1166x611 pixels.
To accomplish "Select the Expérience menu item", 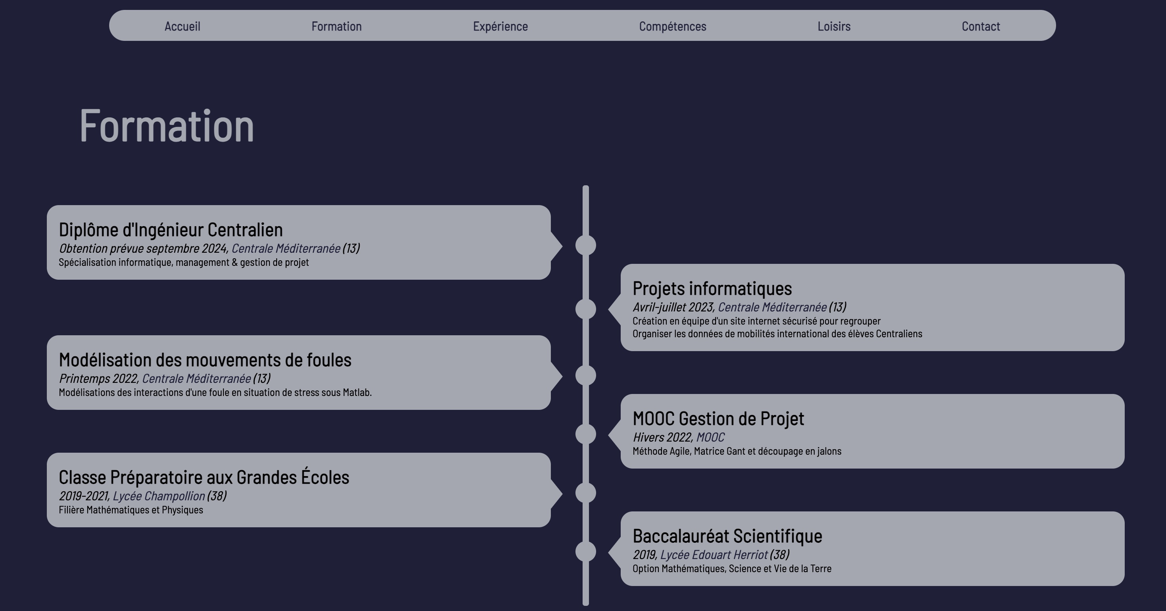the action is pos(500,26).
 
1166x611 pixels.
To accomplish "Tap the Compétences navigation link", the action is pos(672,26).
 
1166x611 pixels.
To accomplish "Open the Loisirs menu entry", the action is pos(834,26).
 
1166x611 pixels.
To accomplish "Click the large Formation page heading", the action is pos(166,126).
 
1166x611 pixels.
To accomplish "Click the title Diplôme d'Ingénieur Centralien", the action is pos(171,230).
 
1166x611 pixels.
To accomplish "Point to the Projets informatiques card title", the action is pos(712,289).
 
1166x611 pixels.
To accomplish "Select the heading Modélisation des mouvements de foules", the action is pos(205,360).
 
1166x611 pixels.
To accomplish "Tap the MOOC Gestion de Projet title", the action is pos(718,419).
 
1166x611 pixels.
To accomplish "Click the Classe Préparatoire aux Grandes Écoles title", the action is pos(204,477).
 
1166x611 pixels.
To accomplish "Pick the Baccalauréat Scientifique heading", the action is pos(727,536).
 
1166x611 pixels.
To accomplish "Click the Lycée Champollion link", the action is pos(158,496).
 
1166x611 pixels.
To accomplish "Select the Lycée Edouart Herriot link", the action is pos(714,555).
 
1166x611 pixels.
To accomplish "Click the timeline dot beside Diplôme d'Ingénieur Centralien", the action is pos(585,245).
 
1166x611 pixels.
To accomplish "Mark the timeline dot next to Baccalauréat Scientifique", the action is pos(585,552).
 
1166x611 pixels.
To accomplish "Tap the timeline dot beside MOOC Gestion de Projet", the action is pos(585,434).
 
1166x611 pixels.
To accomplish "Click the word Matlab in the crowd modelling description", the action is pos(356,392).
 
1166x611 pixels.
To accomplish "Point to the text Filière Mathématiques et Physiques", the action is pos(131,510).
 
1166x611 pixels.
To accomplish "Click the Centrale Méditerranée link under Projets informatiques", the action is pos(772,307).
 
